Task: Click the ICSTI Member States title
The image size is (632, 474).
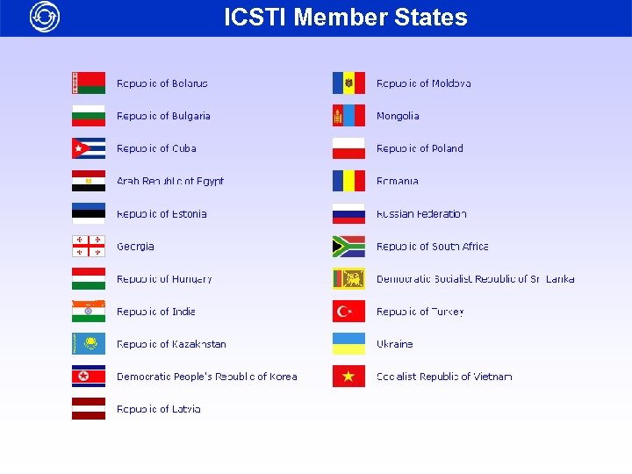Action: tap(346, 18)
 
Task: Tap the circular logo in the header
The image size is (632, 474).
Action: tap(45, 17)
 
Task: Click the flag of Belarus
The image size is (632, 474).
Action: tap(89, 83)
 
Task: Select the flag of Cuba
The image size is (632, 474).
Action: tap(89, 148)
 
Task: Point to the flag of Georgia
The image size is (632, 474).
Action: tap(89, 247)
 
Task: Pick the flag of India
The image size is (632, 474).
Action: tap(89, 312)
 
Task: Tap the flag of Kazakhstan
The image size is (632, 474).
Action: tap(89, 344)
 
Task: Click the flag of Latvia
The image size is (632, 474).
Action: tap(89, 409)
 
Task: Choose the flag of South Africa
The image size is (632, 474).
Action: tap(348, 247)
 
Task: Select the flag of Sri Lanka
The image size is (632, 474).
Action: tap(348, 279)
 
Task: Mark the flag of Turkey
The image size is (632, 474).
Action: tap(348, 312)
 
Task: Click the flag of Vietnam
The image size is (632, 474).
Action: tap(348, 377)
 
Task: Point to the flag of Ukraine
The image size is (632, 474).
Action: tap(348, 344)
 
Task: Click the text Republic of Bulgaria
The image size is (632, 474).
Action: tap(163, 116)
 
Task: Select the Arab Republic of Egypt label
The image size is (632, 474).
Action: tap(170, 182)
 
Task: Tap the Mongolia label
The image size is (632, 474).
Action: tap(398, 116)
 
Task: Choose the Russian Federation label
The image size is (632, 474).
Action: tap(421, 214)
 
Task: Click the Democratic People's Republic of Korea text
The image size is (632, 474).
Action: tap(207, 377)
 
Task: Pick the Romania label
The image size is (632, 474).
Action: tap(398, 182)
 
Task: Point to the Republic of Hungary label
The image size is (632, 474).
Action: tap(164, 279)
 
